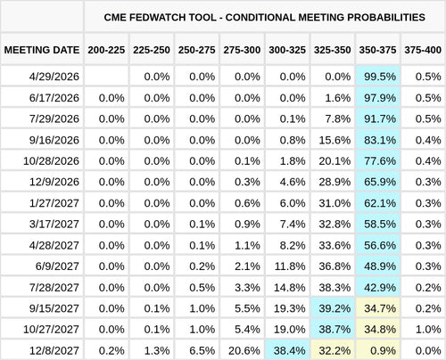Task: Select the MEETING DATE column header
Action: point(42,50)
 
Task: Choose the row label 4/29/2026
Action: point(55,78)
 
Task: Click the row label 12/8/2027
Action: point(55,350)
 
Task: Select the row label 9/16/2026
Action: point(55,140)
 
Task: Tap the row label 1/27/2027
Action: point(55,203)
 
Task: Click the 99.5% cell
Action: point(379,78)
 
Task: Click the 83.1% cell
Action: point(379,140)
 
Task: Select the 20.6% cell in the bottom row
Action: point(243,350)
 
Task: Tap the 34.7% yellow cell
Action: point(379,308)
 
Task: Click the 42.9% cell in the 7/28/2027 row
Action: point(379,287)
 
